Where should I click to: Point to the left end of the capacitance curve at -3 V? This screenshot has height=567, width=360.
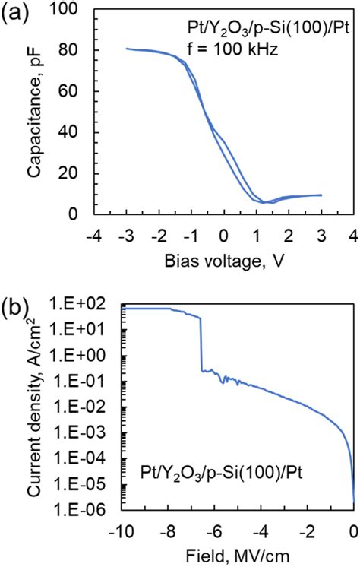pyautogui.click(x=126, y=49)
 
